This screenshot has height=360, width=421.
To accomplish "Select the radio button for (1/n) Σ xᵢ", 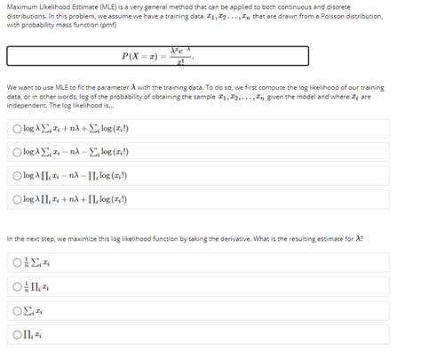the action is click(17, 262).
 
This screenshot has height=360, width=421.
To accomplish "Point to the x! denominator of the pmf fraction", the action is click(181, 62).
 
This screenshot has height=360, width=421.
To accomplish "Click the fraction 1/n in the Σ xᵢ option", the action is click(28, 262).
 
